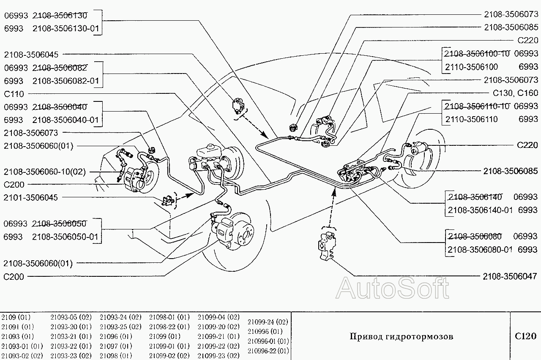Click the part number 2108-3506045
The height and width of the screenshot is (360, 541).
pyautogui.click(x=31, y=55)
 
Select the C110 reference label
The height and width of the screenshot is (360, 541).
pyautogui.click(x=14, y=94)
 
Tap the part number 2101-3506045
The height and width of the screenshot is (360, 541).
pyautogui.click(x=31, y=198)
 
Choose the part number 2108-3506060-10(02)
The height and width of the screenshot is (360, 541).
pyautogui.click(x=44, y=172)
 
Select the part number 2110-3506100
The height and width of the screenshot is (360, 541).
pyautogui.click(x=471, y=67)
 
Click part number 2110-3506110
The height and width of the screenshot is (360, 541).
pyautogui.click(x=471, y=119)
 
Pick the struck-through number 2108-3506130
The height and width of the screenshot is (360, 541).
pyautogui.click(x=60, y=16)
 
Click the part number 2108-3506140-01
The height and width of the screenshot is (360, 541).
pyautogui.click(x=480, y=210)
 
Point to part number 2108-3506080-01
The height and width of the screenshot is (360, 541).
pyautogui.click(x=480, y=250)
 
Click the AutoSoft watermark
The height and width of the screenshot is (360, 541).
pyautogui.click(x=392, y=289)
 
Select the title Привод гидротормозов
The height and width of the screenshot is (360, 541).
pyautogui.click(x=401, y=337)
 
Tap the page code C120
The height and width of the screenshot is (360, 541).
pyautogui.click(x=525, y=336)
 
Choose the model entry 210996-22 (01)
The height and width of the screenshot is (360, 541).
pyautogui.click(x=268, y=351)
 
